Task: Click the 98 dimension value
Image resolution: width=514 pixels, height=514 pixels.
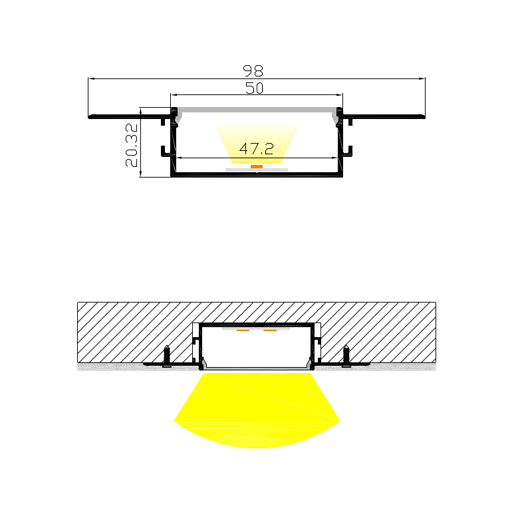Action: pyautogui.click(x=254, y=70)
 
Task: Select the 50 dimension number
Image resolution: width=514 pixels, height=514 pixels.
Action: pyautogui.click(x=255, y=88)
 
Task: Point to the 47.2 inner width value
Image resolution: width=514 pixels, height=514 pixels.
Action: pyautogui.click(x=257, y=148)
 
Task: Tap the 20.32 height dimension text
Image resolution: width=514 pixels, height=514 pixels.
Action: pyautogui.click(x=131, y=145)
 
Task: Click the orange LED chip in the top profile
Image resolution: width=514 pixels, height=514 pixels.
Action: pyautogui.click(x=257, y=166)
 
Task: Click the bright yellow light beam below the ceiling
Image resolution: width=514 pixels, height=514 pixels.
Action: pyautogui.click(x=257, y=412)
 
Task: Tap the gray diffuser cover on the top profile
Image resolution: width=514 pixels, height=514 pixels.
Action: pyautogui.click(x=257, y=110)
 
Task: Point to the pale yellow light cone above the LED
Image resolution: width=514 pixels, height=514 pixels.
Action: pyautogui.click(x=257, y=136)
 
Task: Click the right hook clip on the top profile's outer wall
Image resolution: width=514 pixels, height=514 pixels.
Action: pyautogui.click(x=347, y=152)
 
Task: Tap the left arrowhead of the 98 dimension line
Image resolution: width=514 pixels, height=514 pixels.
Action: pyautogui.click(x=92, y=78)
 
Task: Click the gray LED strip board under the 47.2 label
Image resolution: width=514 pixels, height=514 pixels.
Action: pyautogui.click(x=257, y=170)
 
